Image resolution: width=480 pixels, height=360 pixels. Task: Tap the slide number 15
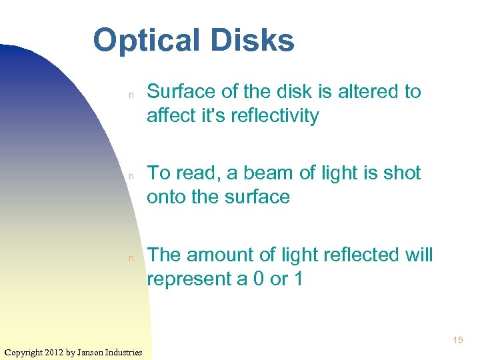coord(457,341)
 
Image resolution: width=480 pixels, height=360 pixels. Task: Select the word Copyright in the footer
coord(23,352)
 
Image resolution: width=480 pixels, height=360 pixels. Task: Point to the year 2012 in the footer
coord(55,352)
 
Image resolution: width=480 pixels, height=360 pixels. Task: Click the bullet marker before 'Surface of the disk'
coord(132,95)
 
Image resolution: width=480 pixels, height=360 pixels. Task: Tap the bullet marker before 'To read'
coord(132,176)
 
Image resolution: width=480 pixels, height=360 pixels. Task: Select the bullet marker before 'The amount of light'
coord(132,258)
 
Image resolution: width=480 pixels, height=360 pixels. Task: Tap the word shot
coord(401,173)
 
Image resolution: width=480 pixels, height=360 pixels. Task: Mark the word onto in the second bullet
coord(168,197)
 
